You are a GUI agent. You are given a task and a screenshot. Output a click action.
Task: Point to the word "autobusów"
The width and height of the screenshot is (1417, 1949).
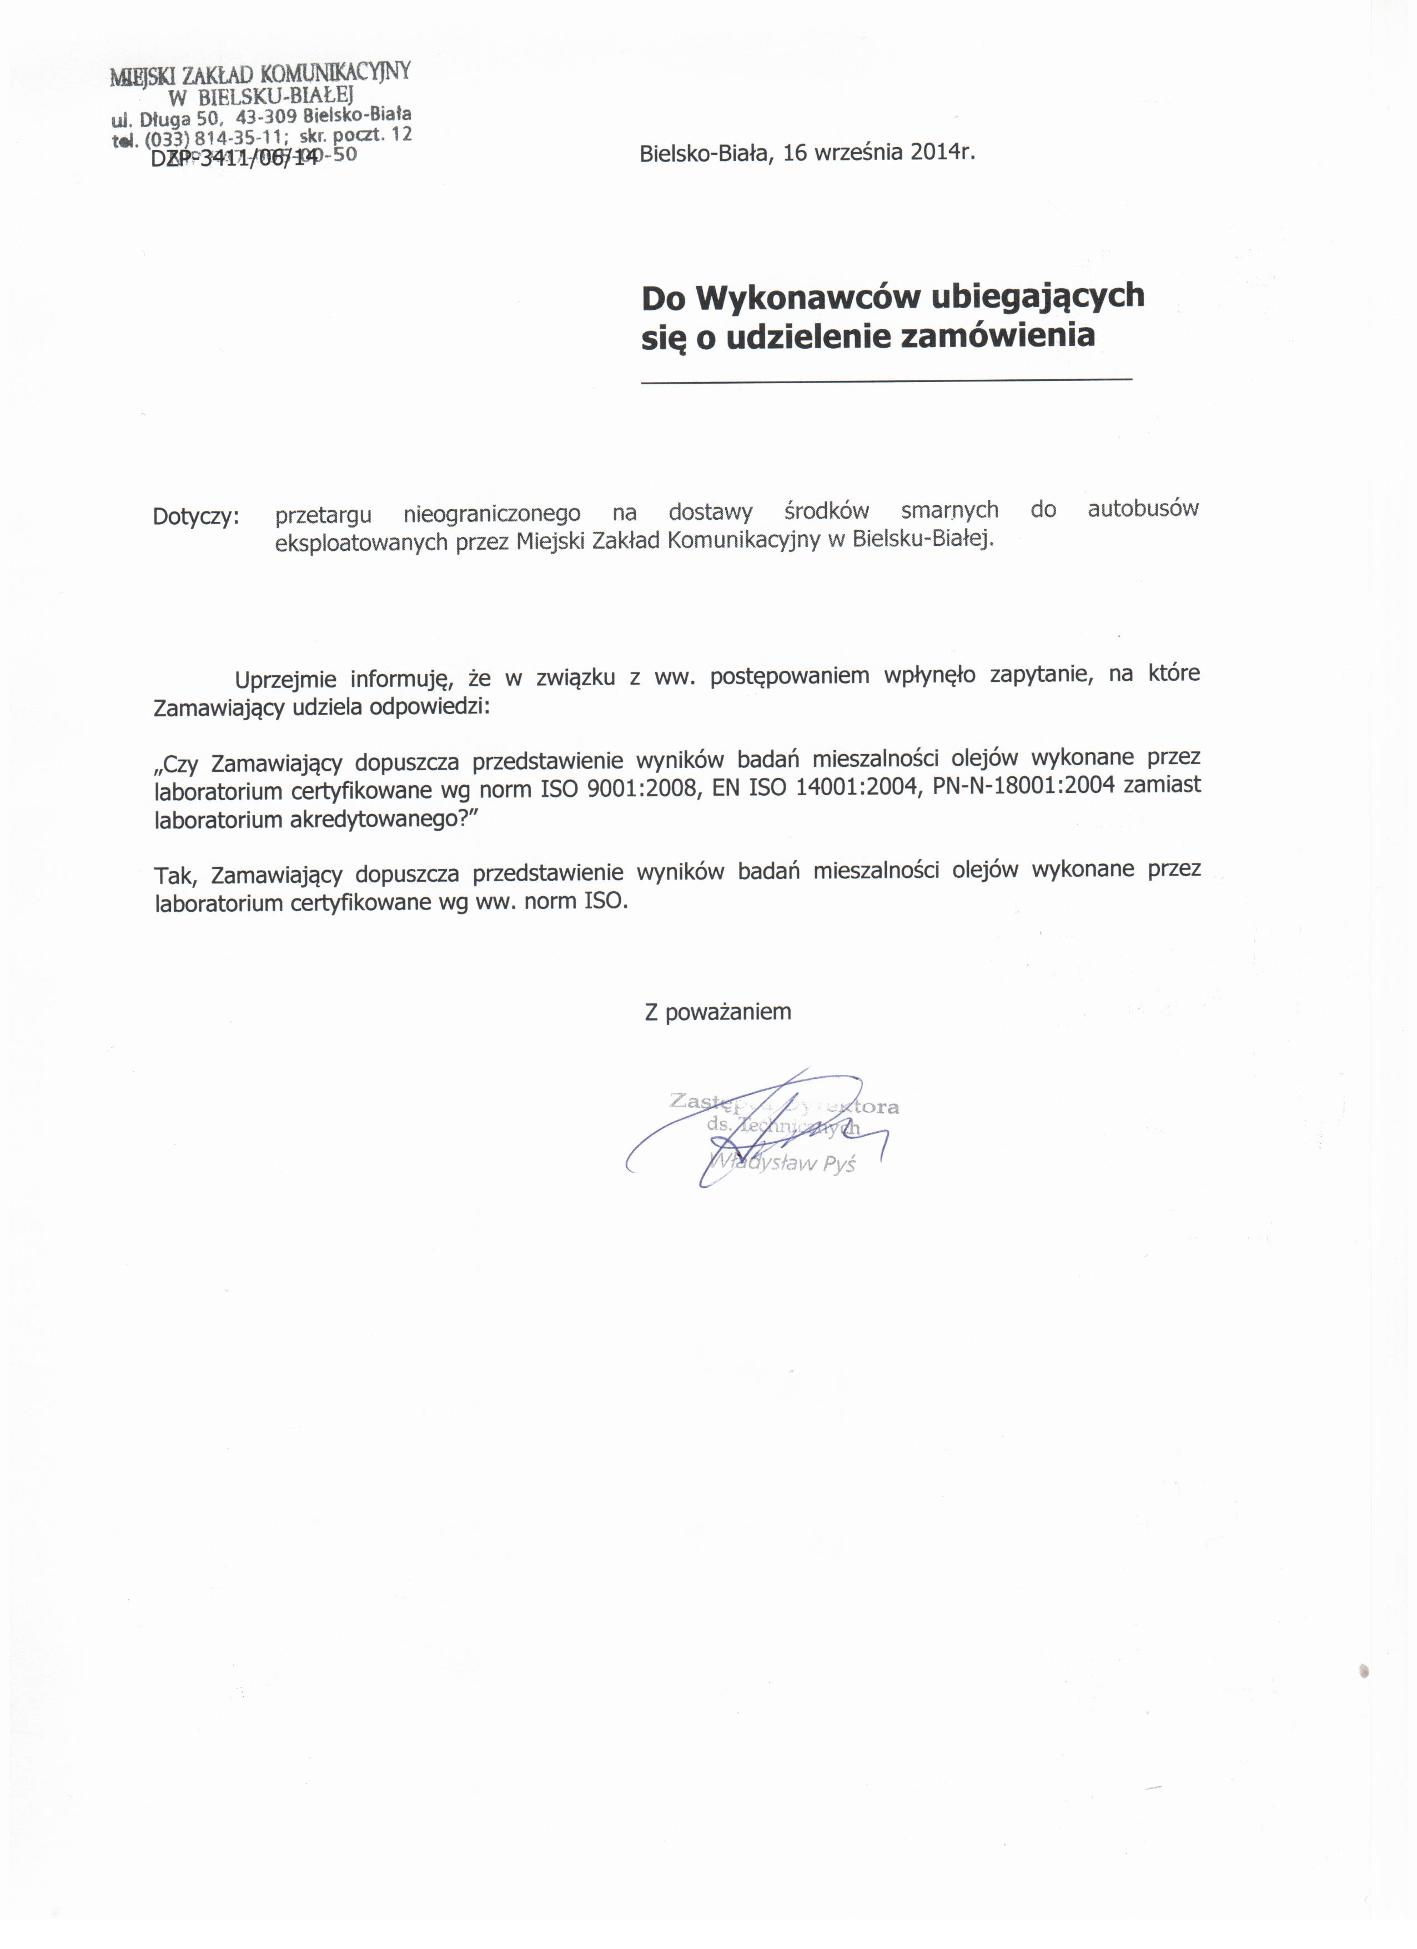[1142, 509]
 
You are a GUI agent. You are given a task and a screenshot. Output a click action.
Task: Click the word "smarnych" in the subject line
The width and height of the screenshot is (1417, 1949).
[949, 510]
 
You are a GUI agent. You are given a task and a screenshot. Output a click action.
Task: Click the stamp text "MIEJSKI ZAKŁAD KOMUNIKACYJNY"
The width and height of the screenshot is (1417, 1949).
[260, 74]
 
